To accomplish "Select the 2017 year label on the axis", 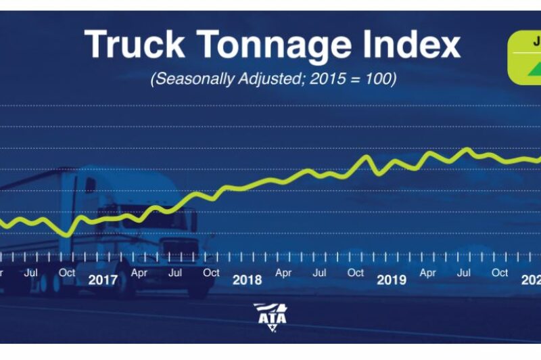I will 103,279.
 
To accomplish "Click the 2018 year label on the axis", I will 247,279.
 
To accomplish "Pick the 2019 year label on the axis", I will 392,279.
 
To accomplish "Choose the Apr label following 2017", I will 139,273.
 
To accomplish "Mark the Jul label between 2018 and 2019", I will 320,273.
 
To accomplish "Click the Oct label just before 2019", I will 356,273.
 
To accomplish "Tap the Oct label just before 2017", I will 66,273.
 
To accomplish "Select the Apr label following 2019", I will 427,273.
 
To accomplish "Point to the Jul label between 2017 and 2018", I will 175,273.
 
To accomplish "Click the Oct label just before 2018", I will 211,273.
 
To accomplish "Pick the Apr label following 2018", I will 283,273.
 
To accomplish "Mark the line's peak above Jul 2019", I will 466,148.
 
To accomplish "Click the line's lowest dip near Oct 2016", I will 66,235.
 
